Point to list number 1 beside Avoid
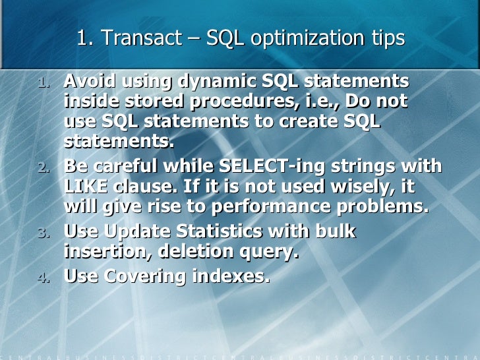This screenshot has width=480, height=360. click(x=42, y=84)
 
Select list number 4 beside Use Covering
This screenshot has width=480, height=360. click(x=42, y=278)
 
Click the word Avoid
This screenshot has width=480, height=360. click(x=90, y=82)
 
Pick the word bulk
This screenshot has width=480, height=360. click(x=334, y=231)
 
